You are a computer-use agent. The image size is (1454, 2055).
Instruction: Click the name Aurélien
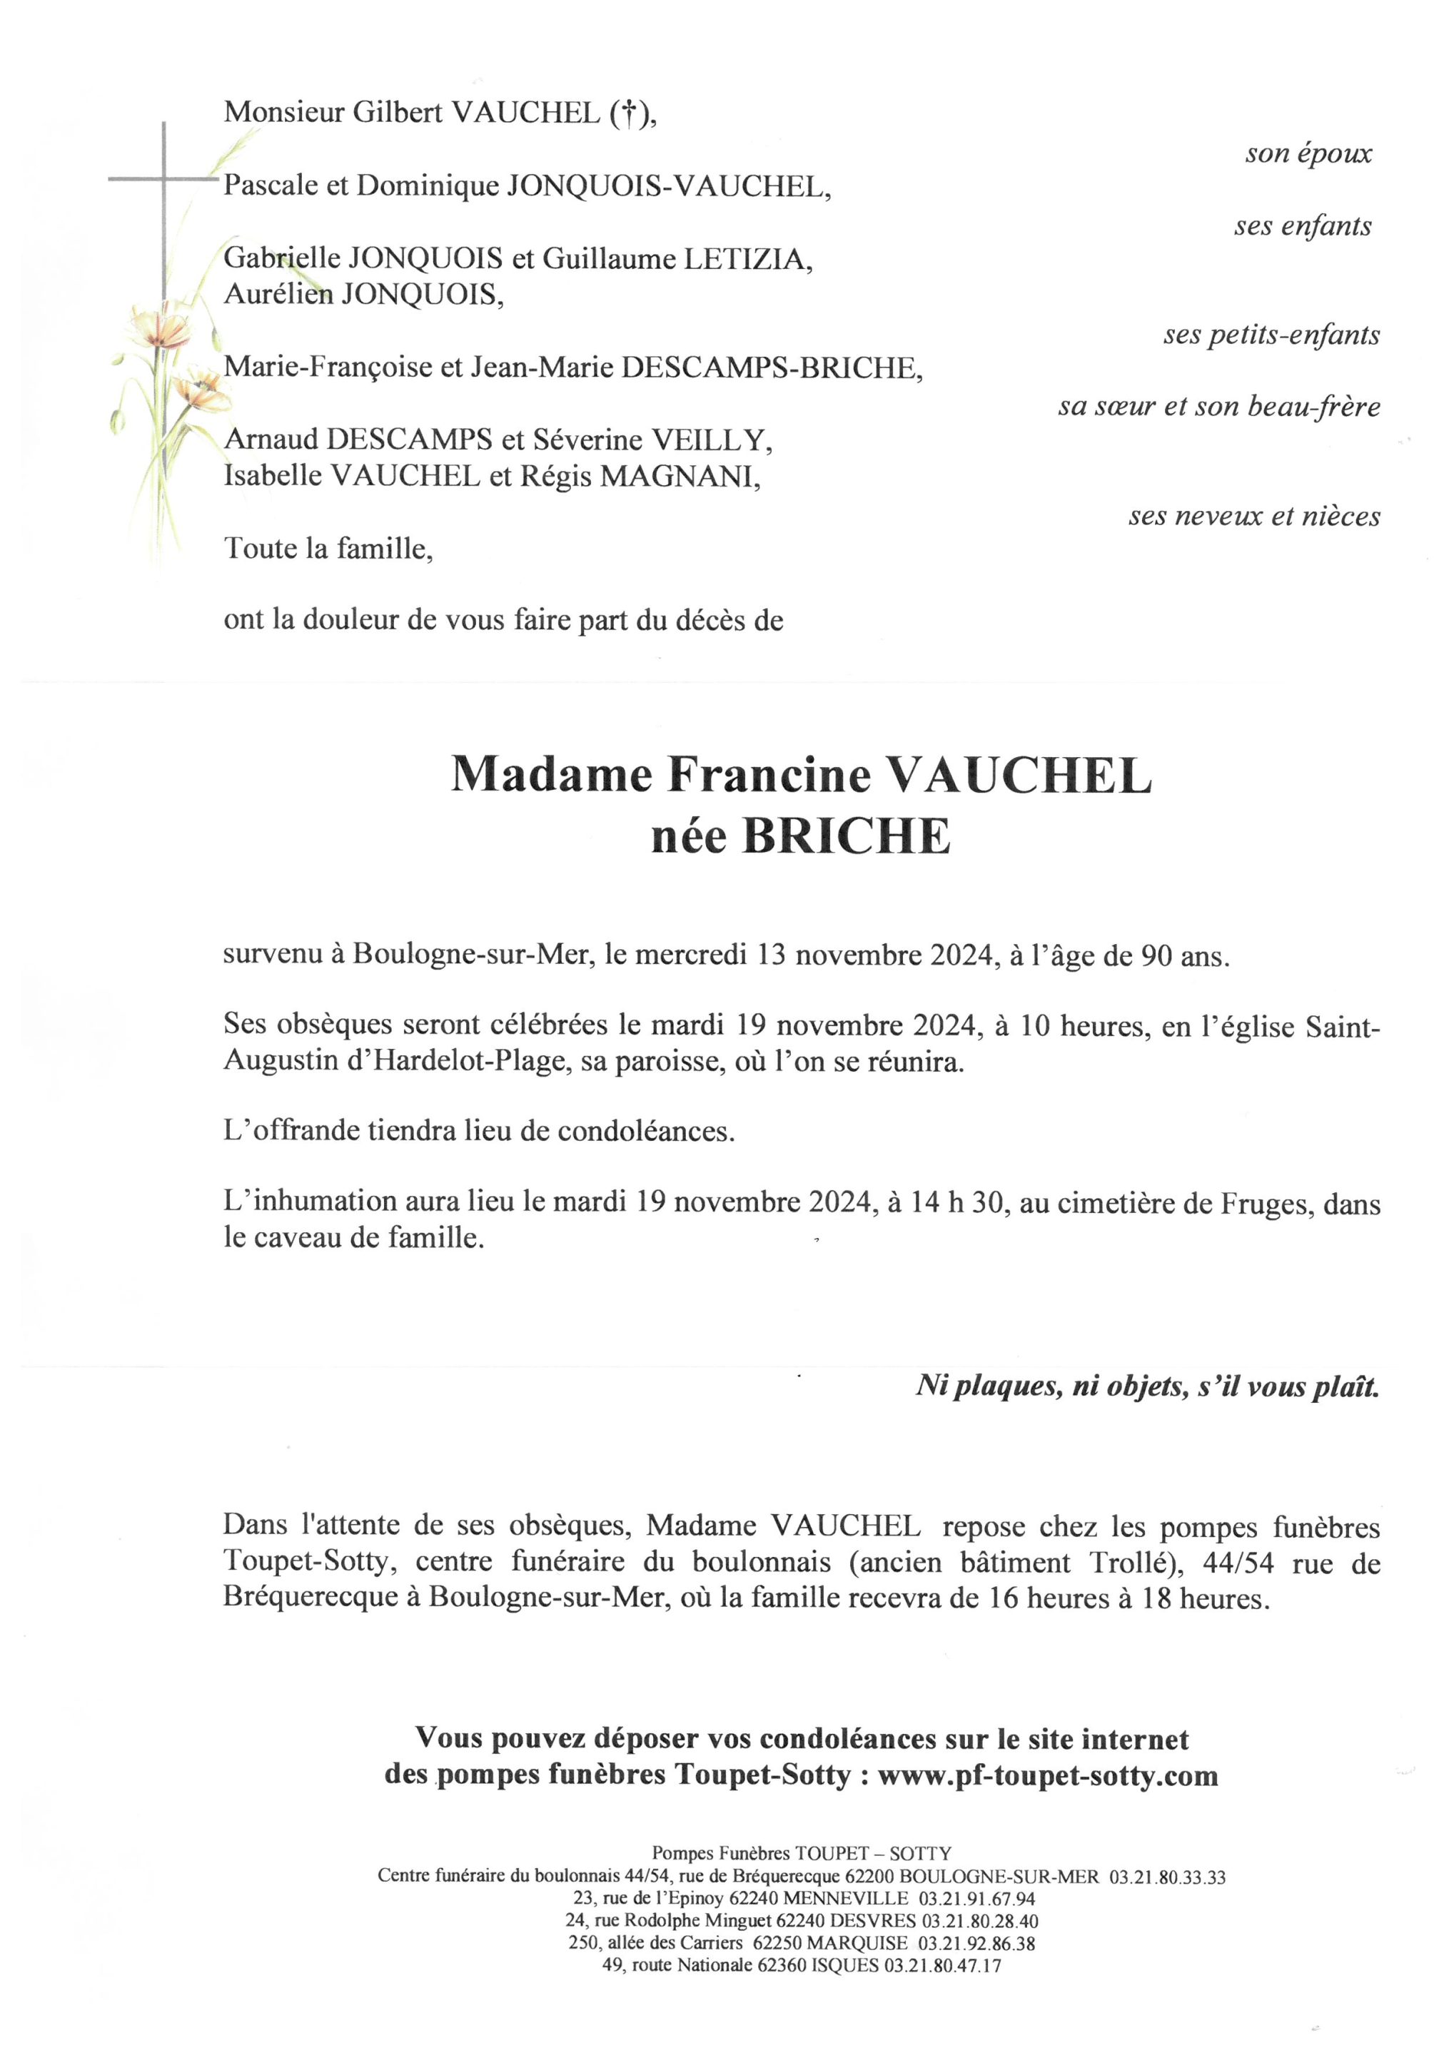pos(278,295)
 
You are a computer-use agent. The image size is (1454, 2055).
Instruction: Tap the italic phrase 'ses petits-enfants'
pos(1271,335)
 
